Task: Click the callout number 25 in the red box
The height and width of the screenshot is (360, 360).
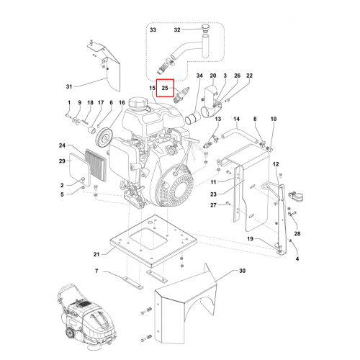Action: coord(165,88)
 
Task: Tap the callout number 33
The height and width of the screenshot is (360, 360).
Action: coord(153,30)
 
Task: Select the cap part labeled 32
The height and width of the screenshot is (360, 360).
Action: coord(205,27)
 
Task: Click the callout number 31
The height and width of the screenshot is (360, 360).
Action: coord(69,86)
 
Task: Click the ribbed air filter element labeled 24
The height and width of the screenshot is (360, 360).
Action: coord(96,165)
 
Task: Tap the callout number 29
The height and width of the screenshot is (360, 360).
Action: coord(62,161)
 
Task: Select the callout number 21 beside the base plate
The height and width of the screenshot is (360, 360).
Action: coord(96,254)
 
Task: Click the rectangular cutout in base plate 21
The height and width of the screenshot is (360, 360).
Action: coord(148,238)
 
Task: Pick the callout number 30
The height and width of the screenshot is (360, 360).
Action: coord(243,271)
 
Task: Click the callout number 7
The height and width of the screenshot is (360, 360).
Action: coord(96,271)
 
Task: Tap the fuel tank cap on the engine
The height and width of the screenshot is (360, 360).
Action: coord(136,104)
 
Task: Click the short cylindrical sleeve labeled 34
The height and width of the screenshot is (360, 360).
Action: coord(193,119)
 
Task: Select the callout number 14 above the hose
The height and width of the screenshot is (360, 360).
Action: coord(236,119)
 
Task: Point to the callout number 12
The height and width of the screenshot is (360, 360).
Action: coord(276,164)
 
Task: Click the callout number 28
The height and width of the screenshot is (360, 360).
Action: coord(297,233)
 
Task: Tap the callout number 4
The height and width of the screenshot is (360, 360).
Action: coord(297,258)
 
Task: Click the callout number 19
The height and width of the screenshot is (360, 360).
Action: coord(250,238)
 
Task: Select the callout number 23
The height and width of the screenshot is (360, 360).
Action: coord(213,194)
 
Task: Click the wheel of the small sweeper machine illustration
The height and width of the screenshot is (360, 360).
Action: coord(70,333)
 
